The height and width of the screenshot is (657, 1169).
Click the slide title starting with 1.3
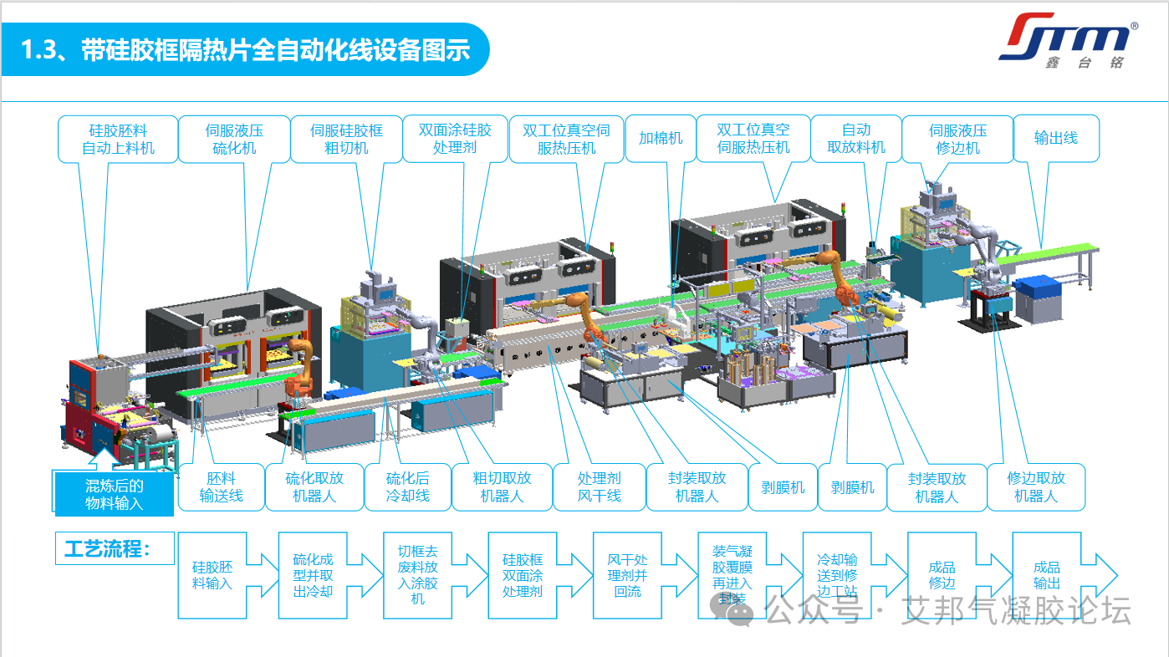(245, 50)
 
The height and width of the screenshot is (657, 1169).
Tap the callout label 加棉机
(661, 139)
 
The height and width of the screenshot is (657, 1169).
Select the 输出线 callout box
(1055, 139)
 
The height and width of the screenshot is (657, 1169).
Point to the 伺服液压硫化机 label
(234, 139)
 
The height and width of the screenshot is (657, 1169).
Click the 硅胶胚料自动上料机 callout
(118, 139)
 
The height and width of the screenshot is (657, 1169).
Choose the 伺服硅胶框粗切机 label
(346, 139)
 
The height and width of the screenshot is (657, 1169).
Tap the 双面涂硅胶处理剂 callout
(455, 139)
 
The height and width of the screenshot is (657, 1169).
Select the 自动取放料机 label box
(855, 139)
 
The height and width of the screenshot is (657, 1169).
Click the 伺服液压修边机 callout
(957, 139)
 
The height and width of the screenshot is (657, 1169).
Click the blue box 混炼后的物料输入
(115, 494)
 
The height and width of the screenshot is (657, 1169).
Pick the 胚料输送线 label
(221, 487)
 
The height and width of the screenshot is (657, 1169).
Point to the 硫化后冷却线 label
(407, 487)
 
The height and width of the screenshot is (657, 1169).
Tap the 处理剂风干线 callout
(599, 487)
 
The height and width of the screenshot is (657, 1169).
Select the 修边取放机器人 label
(1036, 487)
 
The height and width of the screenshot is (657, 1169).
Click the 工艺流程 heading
(107, 549)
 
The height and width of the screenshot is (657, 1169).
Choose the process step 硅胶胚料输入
(212, 575)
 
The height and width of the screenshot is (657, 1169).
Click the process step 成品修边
(942, 575)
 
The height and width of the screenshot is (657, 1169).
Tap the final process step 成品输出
(1046, 575)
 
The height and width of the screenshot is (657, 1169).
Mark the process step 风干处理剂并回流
(627, 575)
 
